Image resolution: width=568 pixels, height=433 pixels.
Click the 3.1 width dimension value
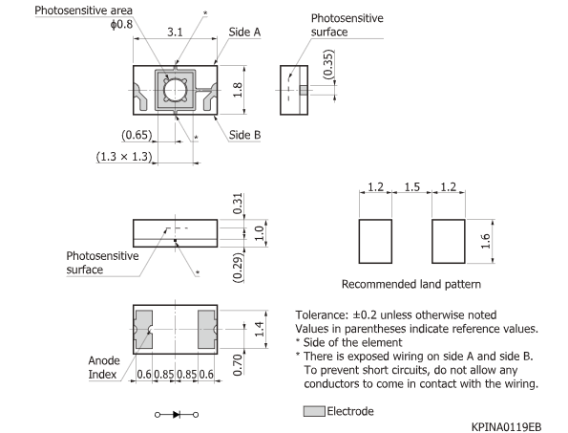coord(175,32)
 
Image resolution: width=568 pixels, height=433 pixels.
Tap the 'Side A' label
coord(245,32)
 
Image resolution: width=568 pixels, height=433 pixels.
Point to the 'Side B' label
coord(245,135)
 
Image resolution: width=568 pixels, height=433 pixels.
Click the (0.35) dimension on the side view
coord(327,63)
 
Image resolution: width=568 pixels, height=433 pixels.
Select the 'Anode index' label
coord(104,367)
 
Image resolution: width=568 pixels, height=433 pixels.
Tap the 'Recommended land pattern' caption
coord(410,284)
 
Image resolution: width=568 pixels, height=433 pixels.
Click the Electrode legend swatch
coord(314,411)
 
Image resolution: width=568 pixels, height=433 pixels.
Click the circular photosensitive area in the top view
coord(175,92)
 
